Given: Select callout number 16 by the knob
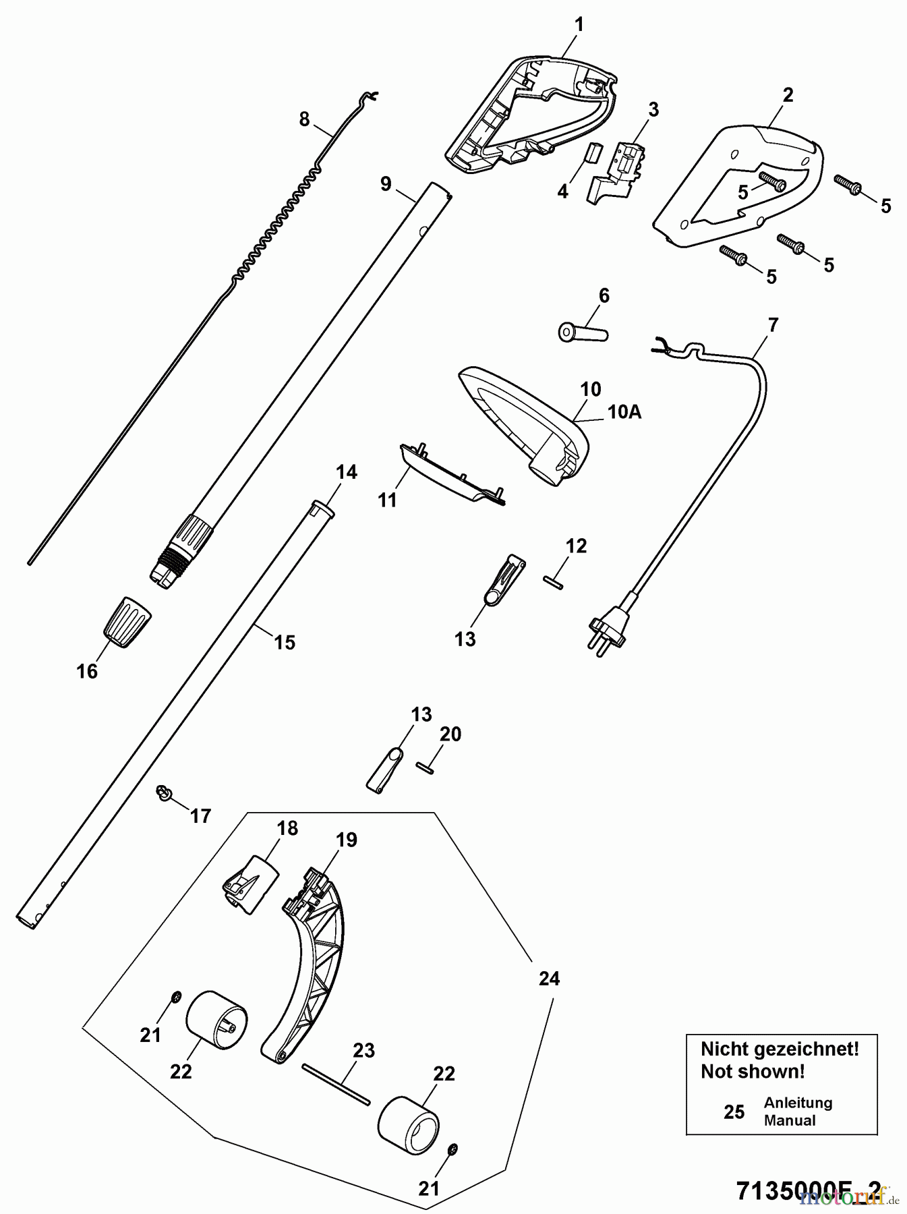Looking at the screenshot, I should point(87,671).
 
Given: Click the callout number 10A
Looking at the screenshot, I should point(624,411).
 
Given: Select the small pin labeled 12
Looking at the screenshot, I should point(552,582).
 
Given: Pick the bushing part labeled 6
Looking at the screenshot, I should point(584,333).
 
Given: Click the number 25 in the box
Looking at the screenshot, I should point(734,1111).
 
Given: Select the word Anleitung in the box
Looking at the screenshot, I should point(798,1103).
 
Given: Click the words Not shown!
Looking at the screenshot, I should point(753,1071).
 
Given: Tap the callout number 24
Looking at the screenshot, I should point(549,978).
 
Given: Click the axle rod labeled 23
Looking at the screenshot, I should point(336,1085).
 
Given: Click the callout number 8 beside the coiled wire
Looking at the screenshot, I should point(304,119).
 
